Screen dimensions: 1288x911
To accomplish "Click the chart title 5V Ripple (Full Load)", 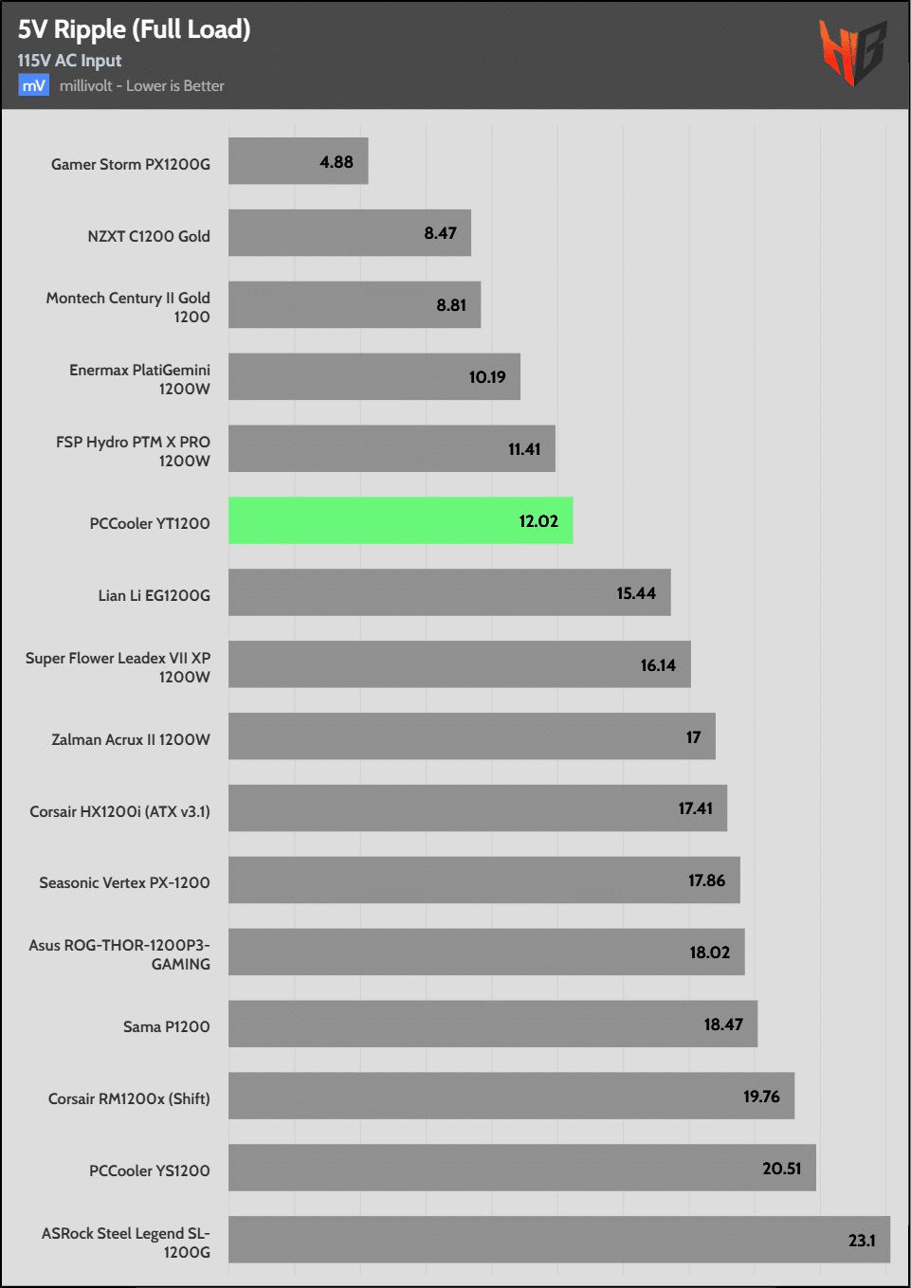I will [x=134, y=29].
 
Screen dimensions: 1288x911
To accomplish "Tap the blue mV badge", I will [x=33, y=85].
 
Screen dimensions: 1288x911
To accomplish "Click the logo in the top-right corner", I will [x=852, y=53].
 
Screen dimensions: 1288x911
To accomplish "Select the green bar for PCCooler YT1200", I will [x=400, y=520].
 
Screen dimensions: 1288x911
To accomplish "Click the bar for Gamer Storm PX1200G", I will [x=298, y=161].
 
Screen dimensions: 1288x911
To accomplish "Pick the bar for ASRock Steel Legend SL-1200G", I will [x=558, y=1239].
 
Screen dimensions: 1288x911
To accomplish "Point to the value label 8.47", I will [x=440, y=233].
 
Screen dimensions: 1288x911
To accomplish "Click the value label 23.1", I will [x=862, y=1241].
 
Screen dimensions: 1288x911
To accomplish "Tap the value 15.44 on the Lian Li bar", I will [x=636, y=593].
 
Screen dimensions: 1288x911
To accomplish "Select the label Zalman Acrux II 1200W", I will [x=131, y=739].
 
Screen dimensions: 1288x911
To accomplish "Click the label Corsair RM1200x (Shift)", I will [x=129, y=1098].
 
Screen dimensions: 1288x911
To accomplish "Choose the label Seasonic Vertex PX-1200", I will [x=124, y=882].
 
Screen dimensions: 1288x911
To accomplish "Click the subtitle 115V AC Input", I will [x=69, y=61].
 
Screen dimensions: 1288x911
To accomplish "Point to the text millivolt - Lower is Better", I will [x=142, y=85].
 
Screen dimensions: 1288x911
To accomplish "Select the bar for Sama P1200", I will [x=492, y=1024].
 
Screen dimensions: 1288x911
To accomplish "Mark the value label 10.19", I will [x=487, y=377].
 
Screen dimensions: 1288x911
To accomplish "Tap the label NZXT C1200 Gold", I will [x=149, y=236].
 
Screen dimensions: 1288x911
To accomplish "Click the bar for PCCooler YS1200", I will [x=521, y=1168].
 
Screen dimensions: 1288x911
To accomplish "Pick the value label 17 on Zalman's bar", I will [x=693, y=737].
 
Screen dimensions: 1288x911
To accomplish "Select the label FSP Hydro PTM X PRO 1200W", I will [x=133, y=451].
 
